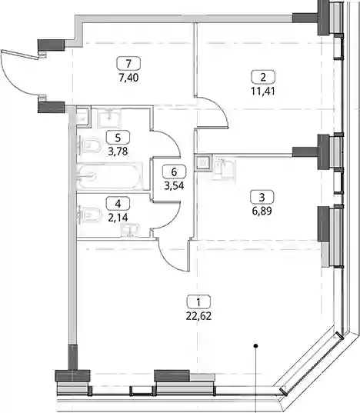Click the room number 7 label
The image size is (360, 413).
128,64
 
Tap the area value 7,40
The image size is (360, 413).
128,78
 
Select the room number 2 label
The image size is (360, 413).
263,77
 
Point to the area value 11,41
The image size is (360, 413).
263,92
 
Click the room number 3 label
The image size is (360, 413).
262,197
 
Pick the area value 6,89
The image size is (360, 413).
262,211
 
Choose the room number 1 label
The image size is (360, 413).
198,301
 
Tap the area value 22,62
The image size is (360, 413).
198,316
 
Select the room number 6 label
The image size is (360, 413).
174,172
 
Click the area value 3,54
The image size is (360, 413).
174,186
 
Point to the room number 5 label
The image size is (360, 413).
118,137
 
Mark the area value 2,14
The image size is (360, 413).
118,218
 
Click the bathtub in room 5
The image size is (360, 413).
110,176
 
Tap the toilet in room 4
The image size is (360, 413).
90,215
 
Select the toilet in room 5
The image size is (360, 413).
90,145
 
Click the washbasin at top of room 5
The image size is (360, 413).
109,118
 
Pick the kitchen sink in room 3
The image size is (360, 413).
223,169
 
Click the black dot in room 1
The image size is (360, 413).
255,346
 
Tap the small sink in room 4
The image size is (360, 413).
130,229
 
